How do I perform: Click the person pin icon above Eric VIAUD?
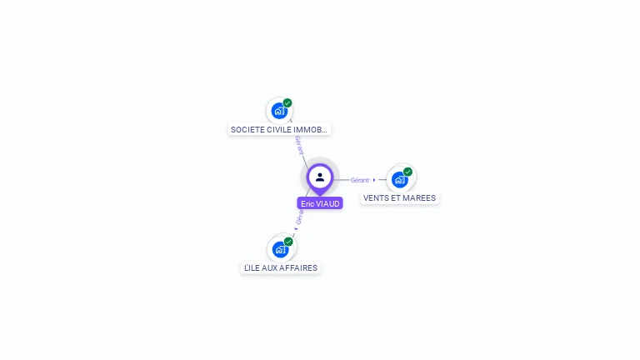320,177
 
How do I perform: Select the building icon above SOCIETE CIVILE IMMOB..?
278,111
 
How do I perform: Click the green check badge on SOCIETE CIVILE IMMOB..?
287,103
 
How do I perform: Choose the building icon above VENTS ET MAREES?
399,179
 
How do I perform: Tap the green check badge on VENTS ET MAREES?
407,172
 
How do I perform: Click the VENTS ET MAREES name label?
399,198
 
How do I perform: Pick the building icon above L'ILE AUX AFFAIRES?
280,249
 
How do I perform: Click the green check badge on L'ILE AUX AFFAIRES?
288,242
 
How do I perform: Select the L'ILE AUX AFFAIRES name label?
280,268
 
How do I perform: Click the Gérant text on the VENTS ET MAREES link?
359,180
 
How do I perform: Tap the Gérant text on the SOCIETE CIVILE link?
297,146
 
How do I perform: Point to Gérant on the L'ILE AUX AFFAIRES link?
300,216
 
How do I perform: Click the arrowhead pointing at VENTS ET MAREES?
374,180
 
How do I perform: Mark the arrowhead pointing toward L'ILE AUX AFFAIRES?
295,228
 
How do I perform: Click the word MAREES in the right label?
420,198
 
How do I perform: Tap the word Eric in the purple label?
307,203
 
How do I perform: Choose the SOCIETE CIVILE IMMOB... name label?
279,129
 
